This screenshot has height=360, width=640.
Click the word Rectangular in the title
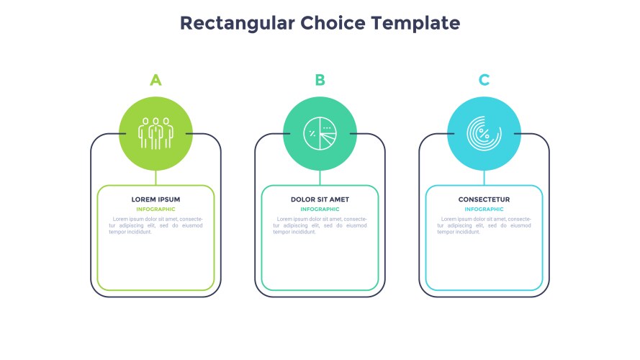(237, 24)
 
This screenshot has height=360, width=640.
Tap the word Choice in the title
(333, 23)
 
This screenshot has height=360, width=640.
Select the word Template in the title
(415, 24)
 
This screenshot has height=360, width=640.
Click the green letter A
(156, 80)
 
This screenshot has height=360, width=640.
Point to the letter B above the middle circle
(320, 80)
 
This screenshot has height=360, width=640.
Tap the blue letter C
(484, 80)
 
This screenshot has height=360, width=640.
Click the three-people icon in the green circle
(156, 133)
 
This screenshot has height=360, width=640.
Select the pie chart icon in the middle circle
(320, 133)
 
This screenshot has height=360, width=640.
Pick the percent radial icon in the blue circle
(484, 133)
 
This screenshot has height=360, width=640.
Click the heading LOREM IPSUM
(156, 199)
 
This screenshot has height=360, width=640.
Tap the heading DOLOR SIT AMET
(320, 199)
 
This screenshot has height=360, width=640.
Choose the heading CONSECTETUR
(484, 199)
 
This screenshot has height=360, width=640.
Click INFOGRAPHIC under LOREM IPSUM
(156, 209)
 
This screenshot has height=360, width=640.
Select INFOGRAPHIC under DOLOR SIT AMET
(320, 209)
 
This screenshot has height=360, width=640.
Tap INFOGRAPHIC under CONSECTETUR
(484, 209)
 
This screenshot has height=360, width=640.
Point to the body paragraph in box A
(156, 225)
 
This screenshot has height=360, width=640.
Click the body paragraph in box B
(320, 225)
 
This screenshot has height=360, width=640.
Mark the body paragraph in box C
(484, 225)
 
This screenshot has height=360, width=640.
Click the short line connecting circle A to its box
(156, 178)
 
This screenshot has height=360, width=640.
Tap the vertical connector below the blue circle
(484, 178)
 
